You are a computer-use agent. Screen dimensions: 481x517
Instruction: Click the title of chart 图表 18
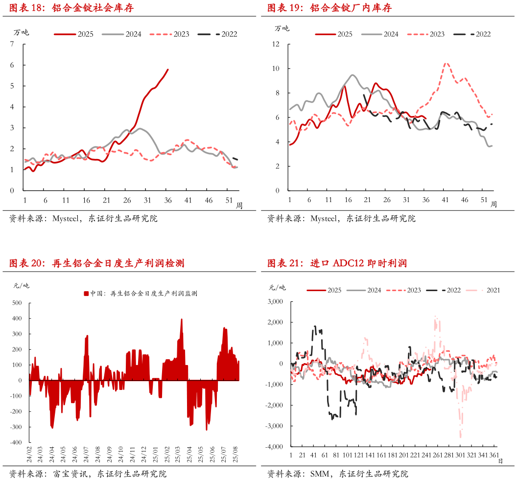click(71, 8)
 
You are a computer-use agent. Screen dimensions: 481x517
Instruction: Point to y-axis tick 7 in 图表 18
click(12, 44)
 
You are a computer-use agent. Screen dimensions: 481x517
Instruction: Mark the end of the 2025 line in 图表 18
click(168, 69)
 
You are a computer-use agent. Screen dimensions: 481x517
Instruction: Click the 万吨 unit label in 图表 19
click(282, 28)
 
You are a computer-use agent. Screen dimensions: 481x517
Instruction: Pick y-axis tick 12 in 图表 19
click(276, 44)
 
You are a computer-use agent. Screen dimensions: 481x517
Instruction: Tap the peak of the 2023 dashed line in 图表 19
click(446, 63)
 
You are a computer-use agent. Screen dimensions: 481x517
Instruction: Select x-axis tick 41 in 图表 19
click(445, 200)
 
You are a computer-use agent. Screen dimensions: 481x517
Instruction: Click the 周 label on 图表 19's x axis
click(494, 205)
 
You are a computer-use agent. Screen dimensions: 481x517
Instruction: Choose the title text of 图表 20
click(96, 263)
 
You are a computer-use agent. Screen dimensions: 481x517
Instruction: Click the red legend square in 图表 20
click(86, 294)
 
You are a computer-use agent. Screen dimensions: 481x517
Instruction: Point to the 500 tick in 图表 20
click(17, 303)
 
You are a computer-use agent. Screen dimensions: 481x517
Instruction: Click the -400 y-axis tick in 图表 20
click(15, 442)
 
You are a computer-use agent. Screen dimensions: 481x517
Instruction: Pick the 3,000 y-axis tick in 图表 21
click(275, 302)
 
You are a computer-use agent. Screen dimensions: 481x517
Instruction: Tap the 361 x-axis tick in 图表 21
click(494, 455)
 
